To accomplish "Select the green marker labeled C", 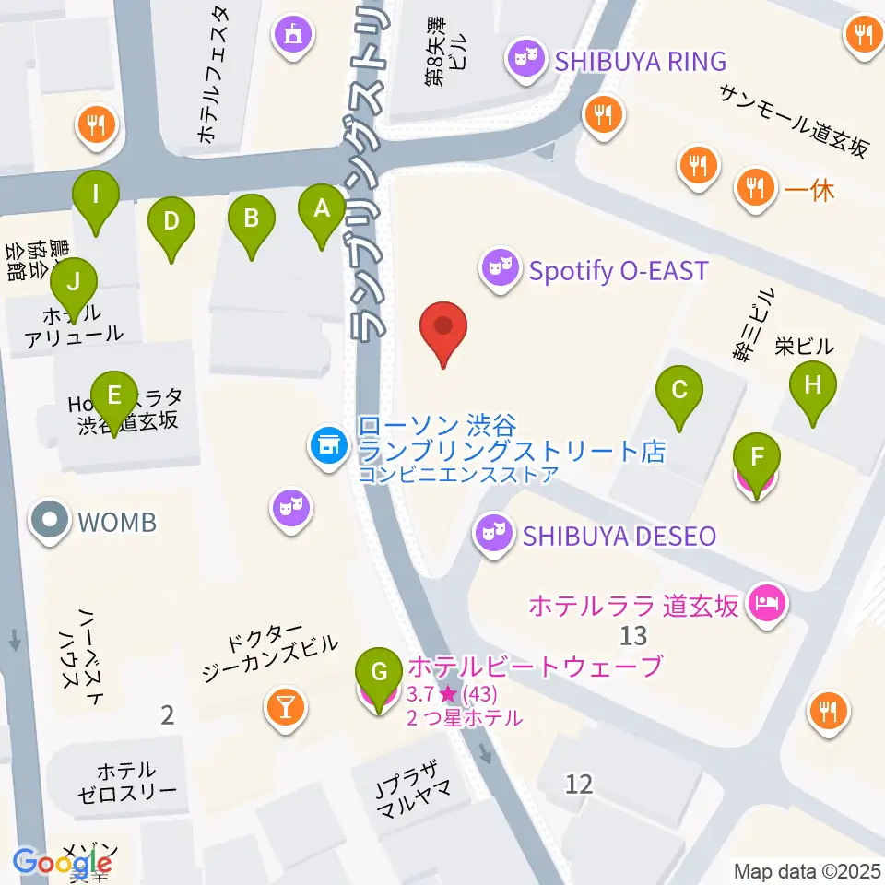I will pyautogui.click(x=679, y=391).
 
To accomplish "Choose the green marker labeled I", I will pyautogui.click(x=96, y=196).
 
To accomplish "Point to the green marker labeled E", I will pyautogui.click(x=114, y=398).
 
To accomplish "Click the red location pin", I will pyautogui.click(x=443, y=328).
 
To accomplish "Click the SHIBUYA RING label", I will pyautogui.click(x=640, y=62).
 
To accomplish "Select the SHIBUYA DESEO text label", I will pyautogui.click(x=619, y=536).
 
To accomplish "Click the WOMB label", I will pyautogui.click(x=116, y=523).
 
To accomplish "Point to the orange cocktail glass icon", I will pyautogui.click(x=287, y=707).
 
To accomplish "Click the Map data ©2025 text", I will pyautogui.click(x=808, y=870).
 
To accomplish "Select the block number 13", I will pyautogui.click(x=633, y=635).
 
